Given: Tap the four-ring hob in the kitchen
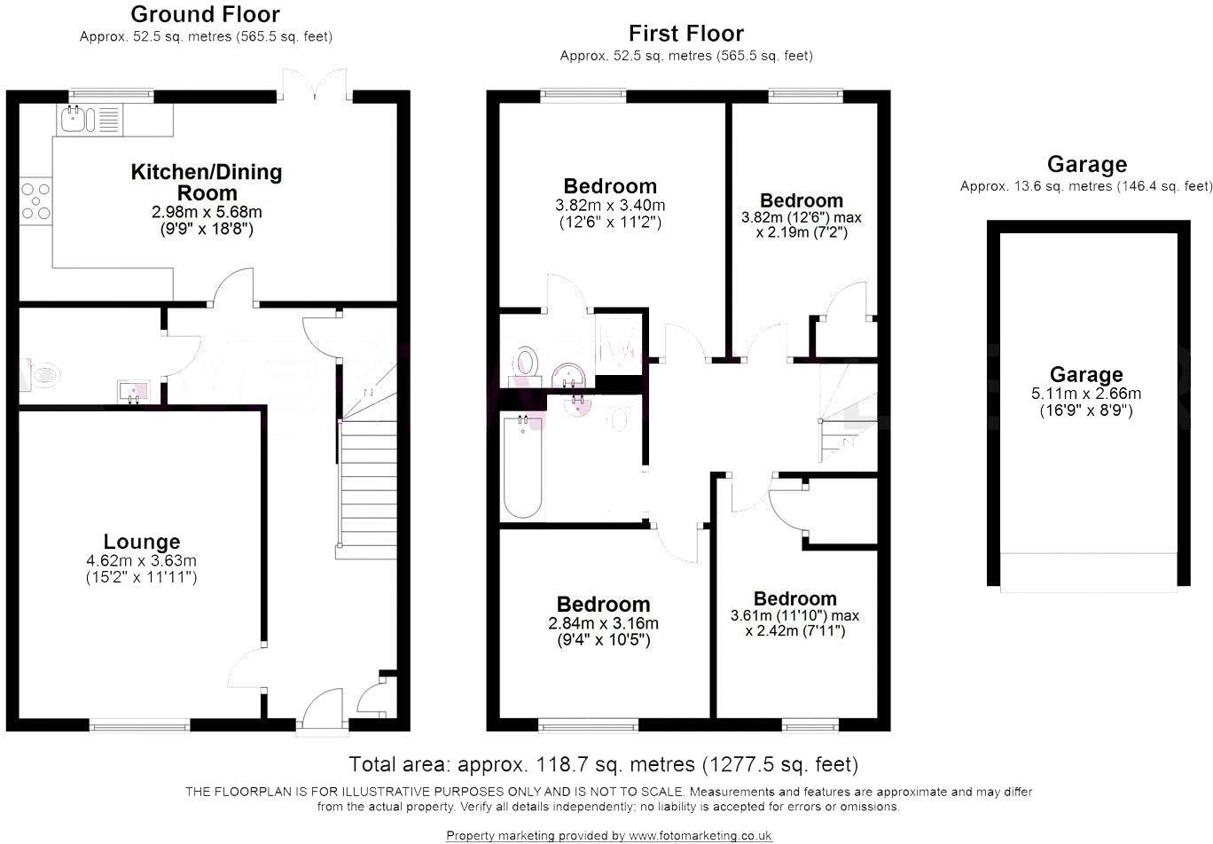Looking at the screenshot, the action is coord(35,201).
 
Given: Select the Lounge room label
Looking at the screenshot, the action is coord(142,542).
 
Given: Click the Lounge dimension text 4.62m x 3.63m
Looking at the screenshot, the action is coord(141,560).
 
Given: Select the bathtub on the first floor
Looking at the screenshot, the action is coord(522,466).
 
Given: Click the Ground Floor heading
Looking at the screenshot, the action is coord(205,14).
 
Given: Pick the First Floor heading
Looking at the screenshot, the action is coord(686,34).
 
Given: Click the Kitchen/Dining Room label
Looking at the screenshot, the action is coord(207,182).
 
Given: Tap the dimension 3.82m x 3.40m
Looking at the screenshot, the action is coord(610,205).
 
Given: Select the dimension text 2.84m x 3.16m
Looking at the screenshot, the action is coord(603,623).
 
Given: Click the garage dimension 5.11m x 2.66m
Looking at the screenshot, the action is coord(1086,394).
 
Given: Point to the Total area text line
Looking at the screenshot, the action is coord(603,764).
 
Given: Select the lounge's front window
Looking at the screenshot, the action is coord(140,725).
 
